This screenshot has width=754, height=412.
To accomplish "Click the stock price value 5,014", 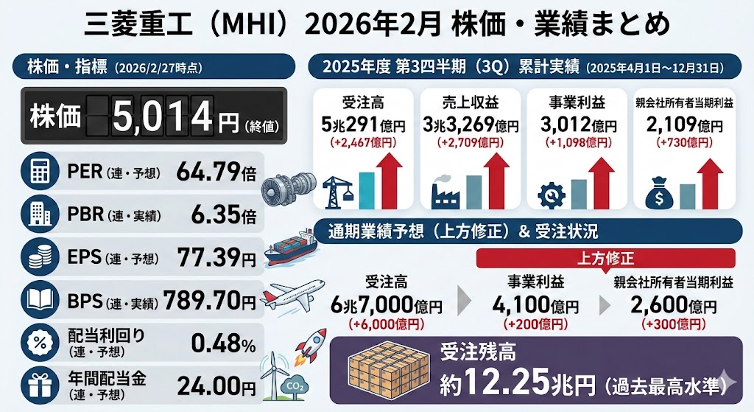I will pos(161,116).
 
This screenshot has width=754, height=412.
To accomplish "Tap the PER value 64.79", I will pos(208,174).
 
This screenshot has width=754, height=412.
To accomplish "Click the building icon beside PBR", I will pos(38,216).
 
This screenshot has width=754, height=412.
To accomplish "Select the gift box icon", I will pos(38,385).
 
